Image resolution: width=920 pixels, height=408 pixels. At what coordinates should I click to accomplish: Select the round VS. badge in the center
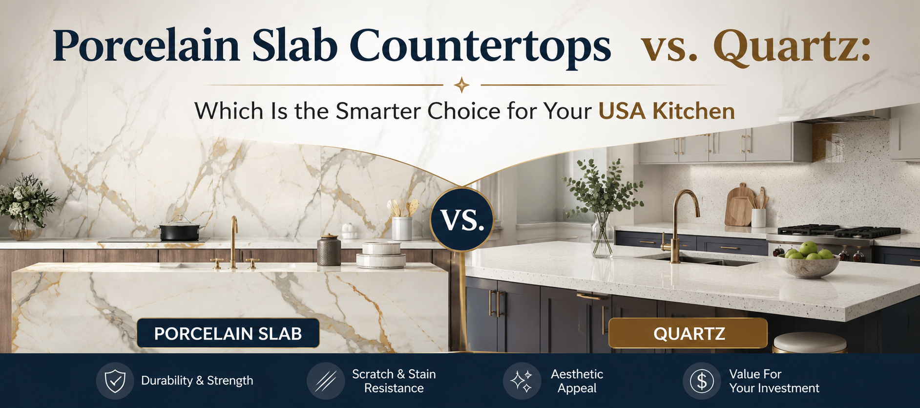point(462,219)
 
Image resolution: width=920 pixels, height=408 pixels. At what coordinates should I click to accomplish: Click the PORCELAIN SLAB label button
point(228,333)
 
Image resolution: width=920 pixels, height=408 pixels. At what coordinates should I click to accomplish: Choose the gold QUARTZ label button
point(688,333)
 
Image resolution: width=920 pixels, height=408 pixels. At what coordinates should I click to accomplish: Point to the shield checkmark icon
point(115,381)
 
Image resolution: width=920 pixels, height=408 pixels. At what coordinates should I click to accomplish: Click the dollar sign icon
point(702,381)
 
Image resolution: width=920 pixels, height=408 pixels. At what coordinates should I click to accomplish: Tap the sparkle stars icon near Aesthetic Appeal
point(522,381)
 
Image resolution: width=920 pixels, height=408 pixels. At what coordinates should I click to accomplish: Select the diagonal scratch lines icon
point(326,381)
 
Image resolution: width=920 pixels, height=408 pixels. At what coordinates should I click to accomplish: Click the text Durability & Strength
point(197,381)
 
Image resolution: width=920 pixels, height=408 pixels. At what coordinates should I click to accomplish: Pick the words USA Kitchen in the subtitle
point(667,111)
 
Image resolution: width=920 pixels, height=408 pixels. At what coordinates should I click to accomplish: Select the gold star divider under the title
point(461,85)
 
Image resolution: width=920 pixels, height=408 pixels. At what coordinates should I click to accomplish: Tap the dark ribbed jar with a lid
point(329,250)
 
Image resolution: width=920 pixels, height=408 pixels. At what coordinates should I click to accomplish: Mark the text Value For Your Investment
point(774,381)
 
